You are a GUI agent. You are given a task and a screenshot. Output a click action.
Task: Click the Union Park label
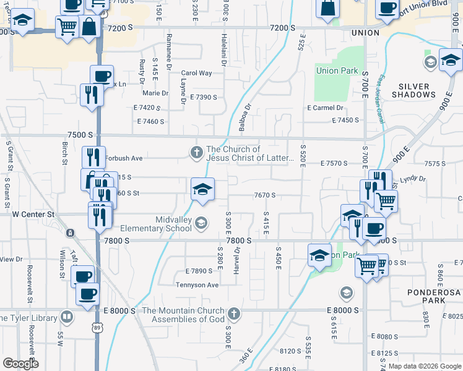337,70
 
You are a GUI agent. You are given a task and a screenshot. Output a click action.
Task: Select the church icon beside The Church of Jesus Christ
197,153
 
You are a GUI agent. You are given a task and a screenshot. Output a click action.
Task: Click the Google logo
20,363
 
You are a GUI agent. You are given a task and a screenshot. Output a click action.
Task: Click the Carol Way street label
196,73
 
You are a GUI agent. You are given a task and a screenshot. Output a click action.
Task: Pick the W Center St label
34,215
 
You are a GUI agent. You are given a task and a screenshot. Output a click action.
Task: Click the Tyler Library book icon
66,318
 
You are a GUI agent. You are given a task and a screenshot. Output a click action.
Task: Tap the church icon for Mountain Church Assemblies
233,314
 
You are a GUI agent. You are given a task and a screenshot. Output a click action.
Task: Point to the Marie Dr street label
155,93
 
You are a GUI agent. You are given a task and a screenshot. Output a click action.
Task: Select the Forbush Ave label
124,158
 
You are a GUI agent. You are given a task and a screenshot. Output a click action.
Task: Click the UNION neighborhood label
365,32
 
